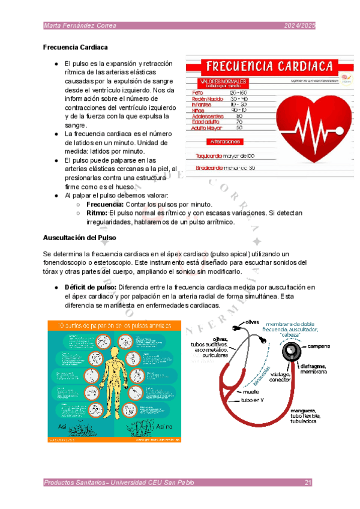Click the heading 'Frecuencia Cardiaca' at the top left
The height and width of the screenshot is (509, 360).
click(76, 47)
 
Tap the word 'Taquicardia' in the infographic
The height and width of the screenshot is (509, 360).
click(209, 155)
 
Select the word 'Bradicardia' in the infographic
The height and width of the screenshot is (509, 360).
click(209, 168)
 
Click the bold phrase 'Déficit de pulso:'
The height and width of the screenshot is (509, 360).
click(90, 287)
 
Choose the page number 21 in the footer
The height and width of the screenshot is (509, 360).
click(308, 483)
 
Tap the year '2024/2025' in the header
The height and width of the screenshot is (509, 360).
click(299, 25)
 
